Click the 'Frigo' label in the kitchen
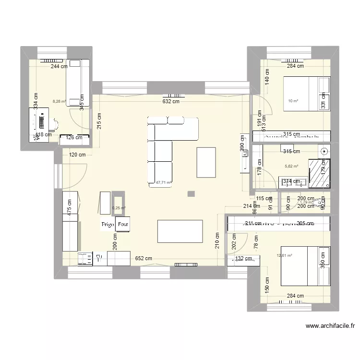click(x=107, y=224)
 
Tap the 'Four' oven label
click(x=123, y=224)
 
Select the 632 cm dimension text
click(x=171, y=101)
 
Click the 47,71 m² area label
click(x=164, y=182)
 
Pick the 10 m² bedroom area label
click(x=293, y=101)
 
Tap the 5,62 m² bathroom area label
click(x=291, y=167)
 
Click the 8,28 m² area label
click(x=59, y=101)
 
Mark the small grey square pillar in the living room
click(x=192, y=194)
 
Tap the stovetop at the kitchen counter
click(x=86, y=259)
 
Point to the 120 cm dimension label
click(x=77, y=155)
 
